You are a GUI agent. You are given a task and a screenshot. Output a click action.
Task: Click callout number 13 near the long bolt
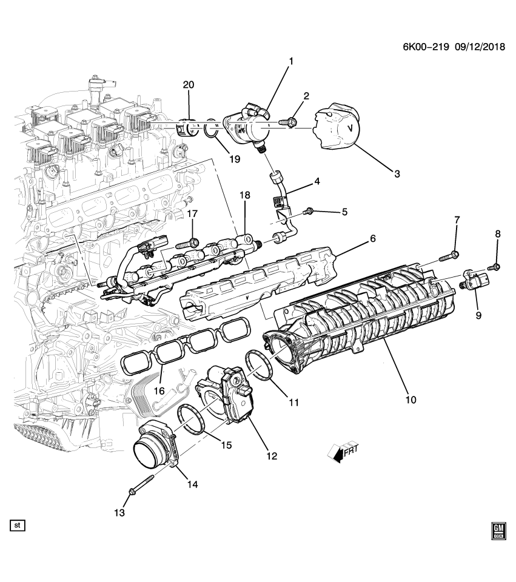[119, 513]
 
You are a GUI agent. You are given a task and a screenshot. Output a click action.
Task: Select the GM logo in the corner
[498, 530]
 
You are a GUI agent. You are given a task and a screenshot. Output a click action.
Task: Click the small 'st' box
[17, 525]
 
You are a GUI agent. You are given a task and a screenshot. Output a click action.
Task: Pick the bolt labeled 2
[289, 123]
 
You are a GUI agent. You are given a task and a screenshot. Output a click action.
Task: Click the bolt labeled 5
[307, 210]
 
